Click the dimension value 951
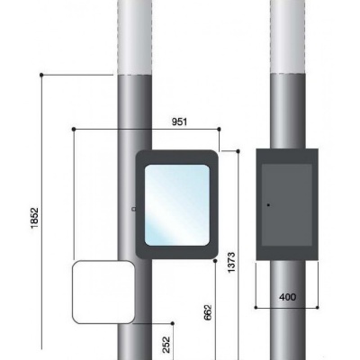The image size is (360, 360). [179, 121]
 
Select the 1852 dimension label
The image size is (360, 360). [35, 218]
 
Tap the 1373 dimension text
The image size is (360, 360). [231, 263]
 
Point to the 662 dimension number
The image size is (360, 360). [208, 312]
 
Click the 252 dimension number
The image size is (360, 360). [166, 345]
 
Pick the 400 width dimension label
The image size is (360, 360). [287, 297]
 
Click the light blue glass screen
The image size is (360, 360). [177, 205]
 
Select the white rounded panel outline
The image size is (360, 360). [73, 292]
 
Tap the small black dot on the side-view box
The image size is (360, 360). [268, 205]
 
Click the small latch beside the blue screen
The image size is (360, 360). [134, 209]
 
